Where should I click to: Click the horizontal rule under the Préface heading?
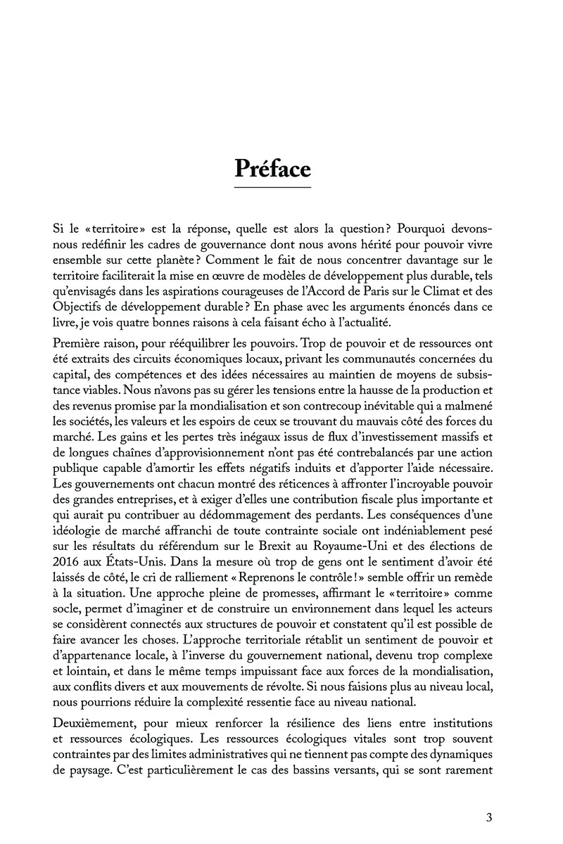(x=272, y=188)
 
